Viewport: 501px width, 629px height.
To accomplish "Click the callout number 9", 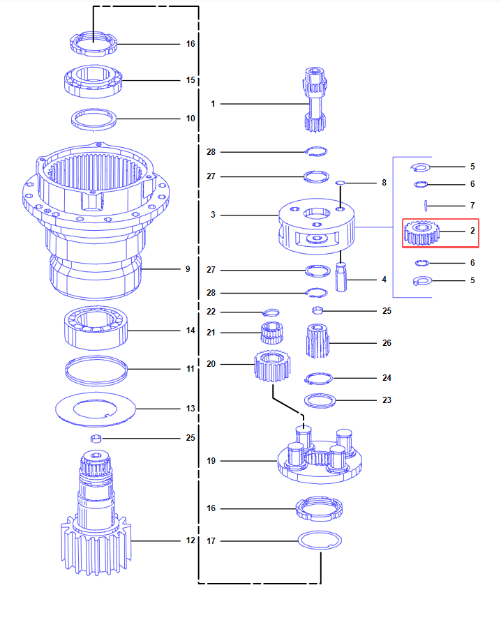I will pos(188,269).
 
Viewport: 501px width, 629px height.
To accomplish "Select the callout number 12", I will pos(190,540).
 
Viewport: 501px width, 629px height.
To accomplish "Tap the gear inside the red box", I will pos(421,234).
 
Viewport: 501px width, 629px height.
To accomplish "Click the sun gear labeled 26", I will pos(317,342).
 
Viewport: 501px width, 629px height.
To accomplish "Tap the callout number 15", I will pos(190,80).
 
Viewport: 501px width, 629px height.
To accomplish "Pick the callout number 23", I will pos(387,400).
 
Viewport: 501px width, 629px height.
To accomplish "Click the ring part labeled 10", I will pos(94,119).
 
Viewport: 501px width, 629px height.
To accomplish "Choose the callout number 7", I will pos(472,206).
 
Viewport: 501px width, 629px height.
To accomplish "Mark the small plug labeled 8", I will pos(341,183).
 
